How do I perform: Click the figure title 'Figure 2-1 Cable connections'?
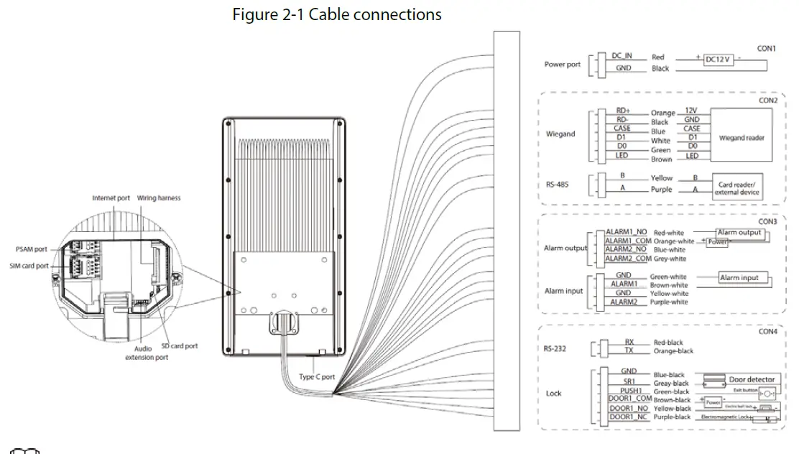point(337,14)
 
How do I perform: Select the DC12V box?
point(719,60)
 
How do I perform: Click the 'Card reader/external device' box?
point(735,188)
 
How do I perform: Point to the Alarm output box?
point(739,233)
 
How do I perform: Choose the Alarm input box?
point(744,278)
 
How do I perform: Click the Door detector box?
point(752,379)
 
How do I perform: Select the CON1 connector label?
point(766,49)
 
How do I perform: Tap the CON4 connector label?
point(767,332)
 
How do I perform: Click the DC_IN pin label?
point(622,55)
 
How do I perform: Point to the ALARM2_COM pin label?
point(627,258)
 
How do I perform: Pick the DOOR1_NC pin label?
point(627,417)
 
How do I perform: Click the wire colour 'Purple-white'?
point(668,302)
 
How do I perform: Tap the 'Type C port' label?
point(317,376)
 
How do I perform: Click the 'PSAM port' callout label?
point(31,249)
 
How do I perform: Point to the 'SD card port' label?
point(179,346)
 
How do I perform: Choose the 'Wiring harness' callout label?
point(159,198)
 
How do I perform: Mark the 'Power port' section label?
point(562,65)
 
